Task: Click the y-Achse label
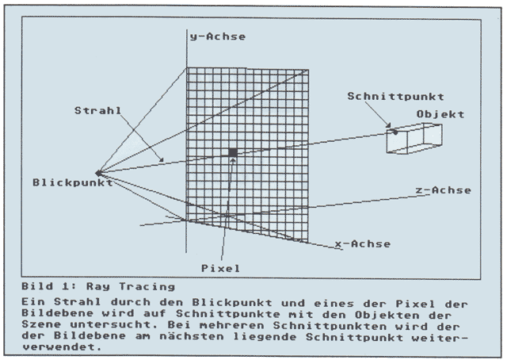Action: pos(217,36)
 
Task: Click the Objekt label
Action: pos(440,114)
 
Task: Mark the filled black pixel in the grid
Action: pos(233,152)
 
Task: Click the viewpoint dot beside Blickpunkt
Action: pos(98,172)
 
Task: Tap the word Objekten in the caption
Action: pos(385,314)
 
